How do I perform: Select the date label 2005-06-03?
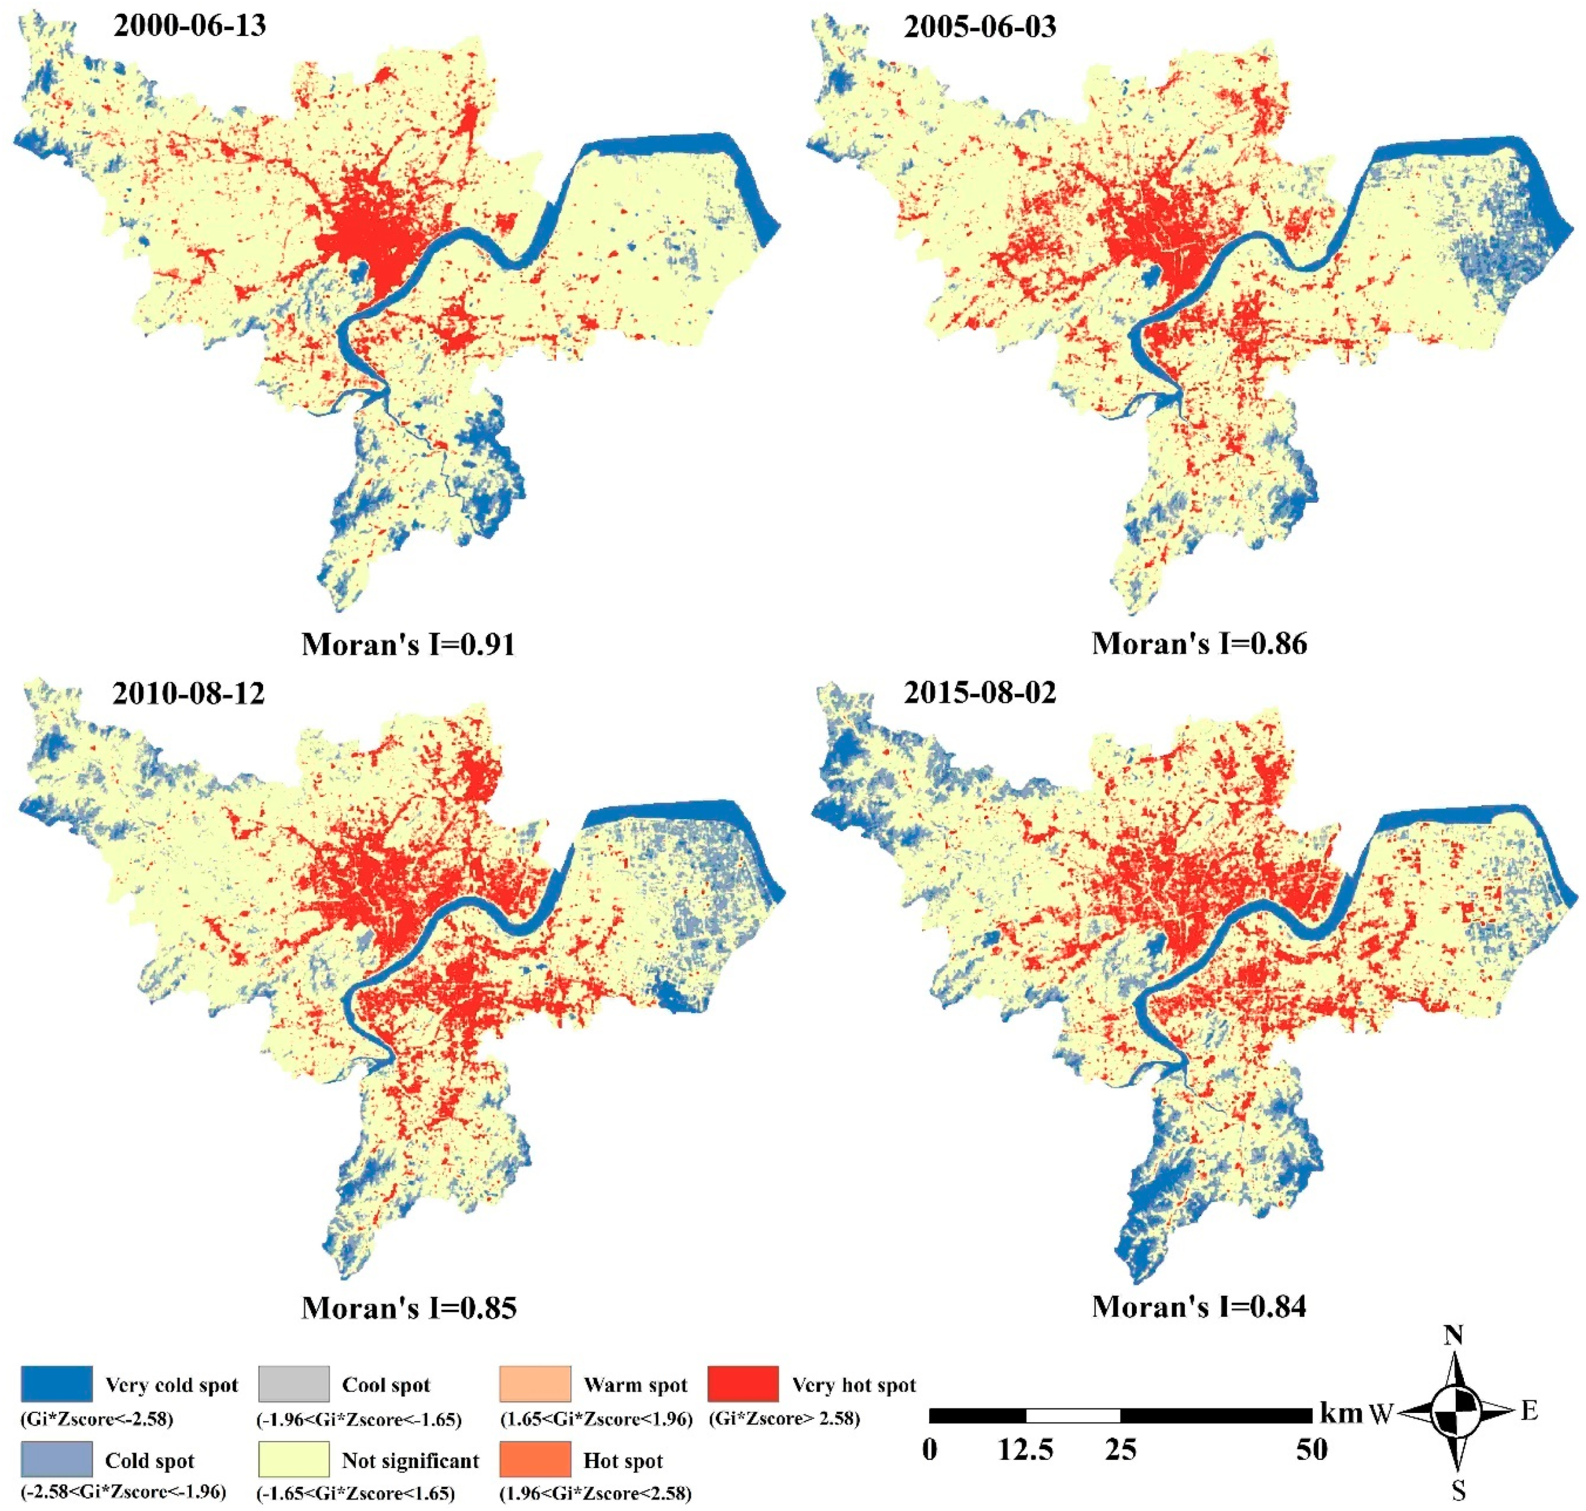[x=980, y=28]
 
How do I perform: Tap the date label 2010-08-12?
[x=189, y=692]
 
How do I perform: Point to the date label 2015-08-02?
[x=980, y=692]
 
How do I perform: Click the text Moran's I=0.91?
[x=408, y=644]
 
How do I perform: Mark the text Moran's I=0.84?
[x=1199, y=1306]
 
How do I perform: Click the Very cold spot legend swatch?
[x=56, y=1384]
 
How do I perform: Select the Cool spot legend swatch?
[x=294, y=1384]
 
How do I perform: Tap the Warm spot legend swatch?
[x=535, y=1384]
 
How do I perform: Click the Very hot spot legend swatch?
[x=743, y=1384]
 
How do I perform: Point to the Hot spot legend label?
[x=622, y=1460]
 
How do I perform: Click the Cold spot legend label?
[x=150, y=1460]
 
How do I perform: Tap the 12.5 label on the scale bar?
[x=1025, y=1450]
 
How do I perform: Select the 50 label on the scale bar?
[x=1311, y=1450]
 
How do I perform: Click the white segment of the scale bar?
[x=1073, y=1415]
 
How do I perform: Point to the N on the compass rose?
[x=1453, y=1336]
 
